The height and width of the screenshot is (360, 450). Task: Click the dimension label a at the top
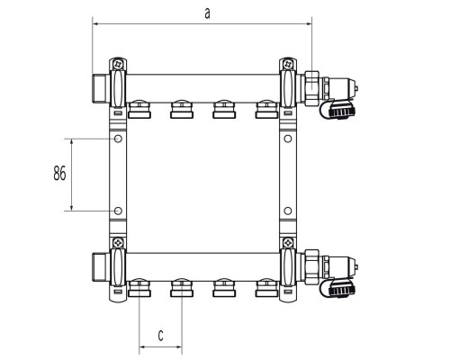207,13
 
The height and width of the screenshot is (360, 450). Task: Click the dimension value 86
59,174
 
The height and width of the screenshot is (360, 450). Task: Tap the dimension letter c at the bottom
161,336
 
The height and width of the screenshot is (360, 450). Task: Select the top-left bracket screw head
120,64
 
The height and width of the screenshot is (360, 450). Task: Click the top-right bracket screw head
289,64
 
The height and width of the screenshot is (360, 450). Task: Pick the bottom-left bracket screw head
119,242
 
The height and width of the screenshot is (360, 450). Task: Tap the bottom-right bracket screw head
289,242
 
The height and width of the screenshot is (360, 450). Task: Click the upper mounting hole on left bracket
118,139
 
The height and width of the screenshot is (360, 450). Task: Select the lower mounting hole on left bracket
118,211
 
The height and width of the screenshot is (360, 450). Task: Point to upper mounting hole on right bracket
288,139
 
